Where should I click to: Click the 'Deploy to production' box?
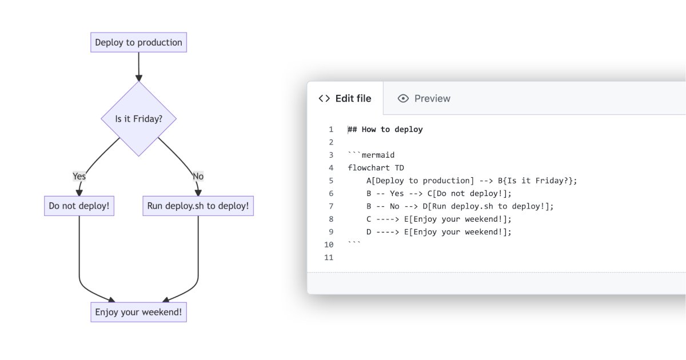[138, 42]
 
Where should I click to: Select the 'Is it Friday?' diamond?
[138, 119]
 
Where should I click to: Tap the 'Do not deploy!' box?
[79, 206]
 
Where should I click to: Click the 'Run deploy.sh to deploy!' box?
[198, 206]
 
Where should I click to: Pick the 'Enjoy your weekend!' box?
[138, 312]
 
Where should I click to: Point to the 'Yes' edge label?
[79, 176]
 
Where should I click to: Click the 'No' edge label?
[198, 176]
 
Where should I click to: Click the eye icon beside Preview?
[403, 98]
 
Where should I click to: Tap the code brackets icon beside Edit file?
[324, 98]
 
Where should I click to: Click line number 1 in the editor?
[330, 129]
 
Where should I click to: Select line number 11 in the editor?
[328, 257]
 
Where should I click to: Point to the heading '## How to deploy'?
[385, 129]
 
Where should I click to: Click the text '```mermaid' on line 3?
[371, 155]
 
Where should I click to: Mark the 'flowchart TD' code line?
[376, 167]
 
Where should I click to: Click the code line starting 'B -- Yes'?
[439, 193]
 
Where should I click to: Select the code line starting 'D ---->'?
[439, 231]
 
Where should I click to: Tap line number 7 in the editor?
[330, 206]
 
